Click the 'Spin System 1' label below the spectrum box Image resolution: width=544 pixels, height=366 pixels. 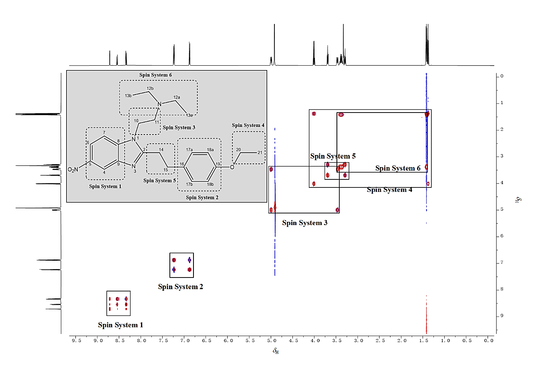[120, 325]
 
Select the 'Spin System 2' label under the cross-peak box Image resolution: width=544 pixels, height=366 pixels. [180, 287]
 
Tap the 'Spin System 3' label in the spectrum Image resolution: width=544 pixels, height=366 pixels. [304, 223]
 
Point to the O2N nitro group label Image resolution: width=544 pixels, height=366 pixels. [73, 170]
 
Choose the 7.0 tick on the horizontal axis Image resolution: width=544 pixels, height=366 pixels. [185, 341]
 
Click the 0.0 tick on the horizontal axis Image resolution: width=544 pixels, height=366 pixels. [488, 341]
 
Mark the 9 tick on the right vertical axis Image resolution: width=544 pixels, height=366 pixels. [502, 316]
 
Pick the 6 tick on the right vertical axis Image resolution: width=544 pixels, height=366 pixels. [502, 236]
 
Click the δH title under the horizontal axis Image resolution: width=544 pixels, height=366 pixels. [276, 351]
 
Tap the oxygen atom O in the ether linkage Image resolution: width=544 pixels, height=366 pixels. [232, 167]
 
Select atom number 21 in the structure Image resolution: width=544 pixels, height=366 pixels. [260, 153]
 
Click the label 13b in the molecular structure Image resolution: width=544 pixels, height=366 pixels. [128, 96]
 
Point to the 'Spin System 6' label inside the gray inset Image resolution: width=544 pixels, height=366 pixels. [155, 75]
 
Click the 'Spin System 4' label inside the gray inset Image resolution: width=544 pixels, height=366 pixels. [248, 125]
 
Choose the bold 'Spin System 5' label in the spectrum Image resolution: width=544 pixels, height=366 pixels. [332, 156]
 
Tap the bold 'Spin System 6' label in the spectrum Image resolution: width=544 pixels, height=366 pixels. [398, 168]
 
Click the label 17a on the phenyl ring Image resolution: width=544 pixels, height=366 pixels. [189, 150]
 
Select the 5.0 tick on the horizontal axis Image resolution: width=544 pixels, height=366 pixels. [272, 341]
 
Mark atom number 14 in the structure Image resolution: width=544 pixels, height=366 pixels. [161, 150]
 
